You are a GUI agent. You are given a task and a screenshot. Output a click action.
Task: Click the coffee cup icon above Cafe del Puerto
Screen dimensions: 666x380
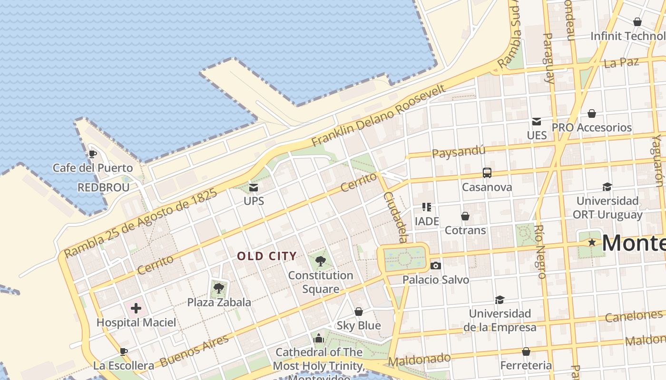[93, 154]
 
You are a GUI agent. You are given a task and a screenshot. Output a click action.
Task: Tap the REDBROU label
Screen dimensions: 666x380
[103, 187]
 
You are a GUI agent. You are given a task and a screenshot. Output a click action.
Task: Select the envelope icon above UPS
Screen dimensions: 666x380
[254, 188]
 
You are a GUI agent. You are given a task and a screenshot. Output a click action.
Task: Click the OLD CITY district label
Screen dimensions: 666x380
[267, 256]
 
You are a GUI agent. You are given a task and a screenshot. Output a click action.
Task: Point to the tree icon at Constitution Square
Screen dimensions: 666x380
[321, 260]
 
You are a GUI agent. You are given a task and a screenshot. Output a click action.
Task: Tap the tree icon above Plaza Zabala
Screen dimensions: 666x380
[219, 288]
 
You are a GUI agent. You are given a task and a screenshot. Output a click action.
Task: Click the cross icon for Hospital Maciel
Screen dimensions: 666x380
[136, 308]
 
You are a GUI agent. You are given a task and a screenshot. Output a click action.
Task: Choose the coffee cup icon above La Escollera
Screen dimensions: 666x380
[124, 351]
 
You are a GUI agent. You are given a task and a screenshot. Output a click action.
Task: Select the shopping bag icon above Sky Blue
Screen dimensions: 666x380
[359, 312]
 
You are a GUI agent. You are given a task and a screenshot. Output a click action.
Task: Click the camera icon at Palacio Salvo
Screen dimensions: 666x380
[435, 266]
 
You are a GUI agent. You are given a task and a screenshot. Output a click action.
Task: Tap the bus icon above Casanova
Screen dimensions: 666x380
[487, 173]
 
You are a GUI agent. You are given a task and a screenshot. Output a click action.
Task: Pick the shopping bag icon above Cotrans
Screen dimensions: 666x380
[465, 216]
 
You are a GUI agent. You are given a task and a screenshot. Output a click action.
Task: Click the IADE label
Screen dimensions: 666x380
[427, 221]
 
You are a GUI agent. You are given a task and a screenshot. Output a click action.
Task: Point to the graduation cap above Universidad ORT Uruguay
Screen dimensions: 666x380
[607, 187]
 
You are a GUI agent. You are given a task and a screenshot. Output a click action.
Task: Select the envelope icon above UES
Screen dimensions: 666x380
[537, 122]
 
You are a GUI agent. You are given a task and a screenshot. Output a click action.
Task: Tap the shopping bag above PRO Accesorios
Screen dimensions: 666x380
[592, 114]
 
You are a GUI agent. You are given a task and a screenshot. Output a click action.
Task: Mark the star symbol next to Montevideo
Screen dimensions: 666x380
[592, 242]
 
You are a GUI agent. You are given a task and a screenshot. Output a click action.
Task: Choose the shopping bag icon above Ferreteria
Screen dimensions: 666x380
[526, 351]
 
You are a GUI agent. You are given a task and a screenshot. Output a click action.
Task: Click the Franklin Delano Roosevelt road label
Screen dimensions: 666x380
[379, 115]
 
